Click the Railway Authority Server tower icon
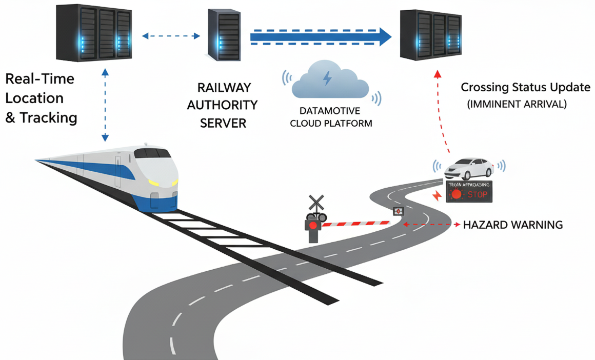point(224,34)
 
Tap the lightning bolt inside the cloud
point(327,78)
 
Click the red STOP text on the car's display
point(477,194)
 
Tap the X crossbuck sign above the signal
point(316,202)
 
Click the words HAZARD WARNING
point(513,225)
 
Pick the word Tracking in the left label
point(49,117)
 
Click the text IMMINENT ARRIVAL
point(517,104)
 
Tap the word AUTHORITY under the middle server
point(222,105)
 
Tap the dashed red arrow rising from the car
point(442,113)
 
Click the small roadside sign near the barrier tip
point(398,211)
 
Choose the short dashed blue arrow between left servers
point(171,36)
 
